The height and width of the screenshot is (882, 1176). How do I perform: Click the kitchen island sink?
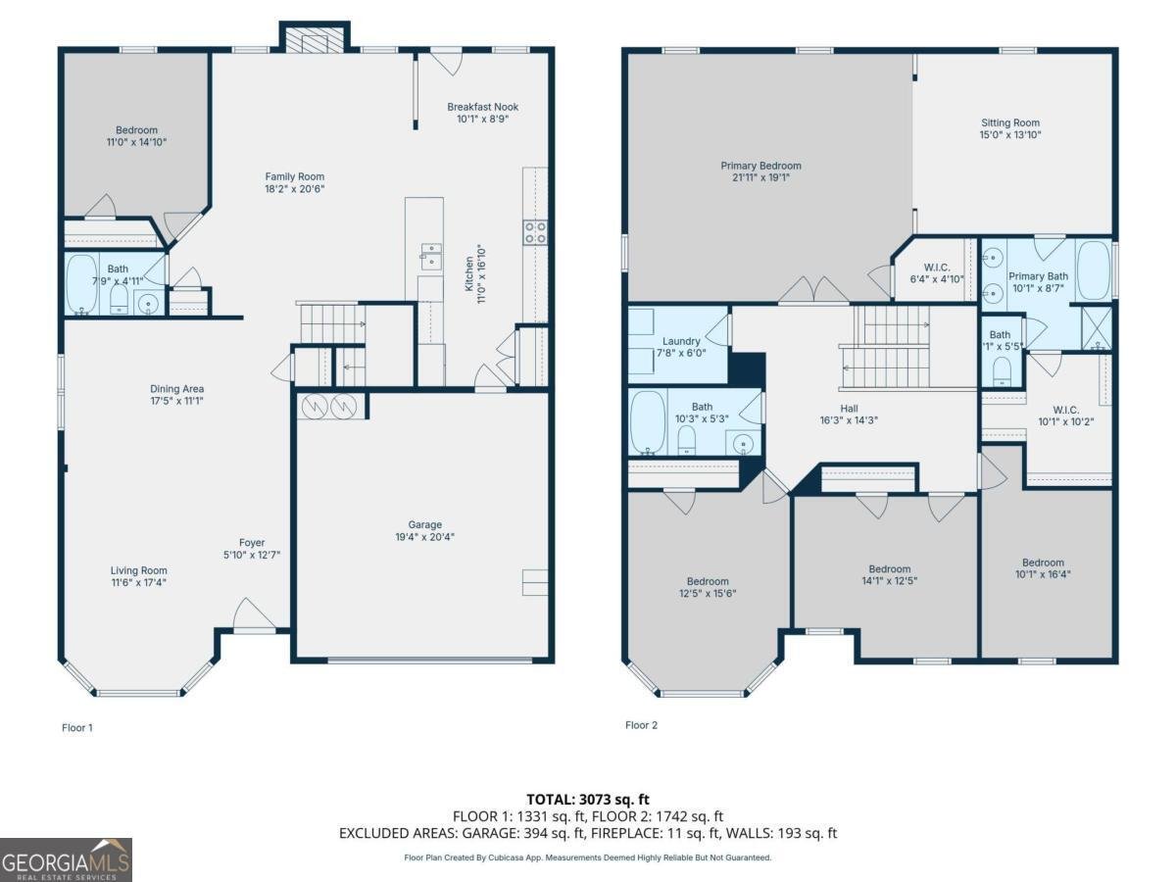pyautogui.click(x=431, y=257)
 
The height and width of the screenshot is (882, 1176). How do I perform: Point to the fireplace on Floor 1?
pyautogui.click(x=313, y=39)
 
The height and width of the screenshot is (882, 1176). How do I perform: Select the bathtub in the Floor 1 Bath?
pyautogui.click(x=81, y=284)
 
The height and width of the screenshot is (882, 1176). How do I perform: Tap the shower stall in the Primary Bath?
pyautogui.click(x=1097, y=328)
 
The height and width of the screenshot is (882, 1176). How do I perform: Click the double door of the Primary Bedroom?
pyautogui.click(x=814, y=292)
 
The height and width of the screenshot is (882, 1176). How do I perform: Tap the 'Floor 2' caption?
pyautogui.click(x=641, y=725)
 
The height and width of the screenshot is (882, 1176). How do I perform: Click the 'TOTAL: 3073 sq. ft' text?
pyautogui.click(x=587, y=800)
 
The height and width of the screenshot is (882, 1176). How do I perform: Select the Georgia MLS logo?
pyautogui.click(x=66, y=859)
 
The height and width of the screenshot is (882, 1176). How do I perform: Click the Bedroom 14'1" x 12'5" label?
pyautogui.click(x=889, y=574)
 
